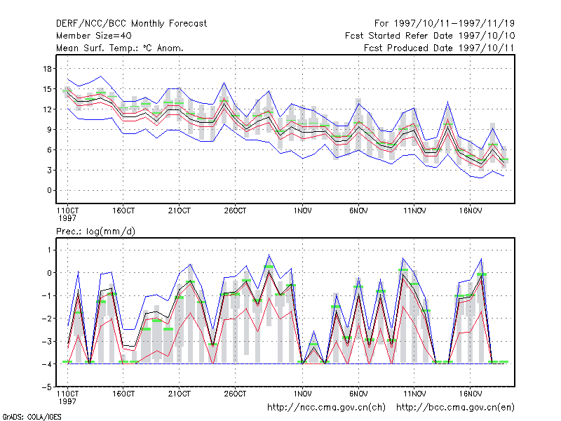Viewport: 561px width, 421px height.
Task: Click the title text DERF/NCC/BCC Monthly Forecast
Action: (x=131, y=24)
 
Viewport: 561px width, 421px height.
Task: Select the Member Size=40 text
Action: (x=94, y=36)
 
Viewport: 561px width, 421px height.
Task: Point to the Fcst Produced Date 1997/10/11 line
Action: (x=439, y=48)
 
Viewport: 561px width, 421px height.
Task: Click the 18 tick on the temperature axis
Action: (x=48, y=69)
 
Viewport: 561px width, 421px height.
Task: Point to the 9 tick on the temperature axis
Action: (x=49, y=130)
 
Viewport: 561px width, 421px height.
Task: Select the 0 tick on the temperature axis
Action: (x=49, y=190)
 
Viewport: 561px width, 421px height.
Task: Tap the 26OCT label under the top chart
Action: (x=235, y=211)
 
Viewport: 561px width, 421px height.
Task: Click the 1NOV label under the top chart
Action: (x=302, y=211)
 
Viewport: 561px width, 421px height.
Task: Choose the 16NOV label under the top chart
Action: (x=470, y=211)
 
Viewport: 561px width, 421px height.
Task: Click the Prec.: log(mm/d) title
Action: (x=95, y=232)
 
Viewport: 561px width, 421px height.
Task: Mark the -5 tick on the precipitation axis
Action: (x=47, y=387)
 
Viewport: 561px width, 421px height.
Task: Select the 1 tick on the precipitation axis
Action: (x=49, y=250)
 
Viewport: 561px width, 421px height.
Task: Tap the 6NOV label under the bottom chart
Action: (x=358, y=394)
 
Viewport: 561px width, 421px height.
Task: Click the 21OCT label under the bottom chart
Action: (x=180, y=394)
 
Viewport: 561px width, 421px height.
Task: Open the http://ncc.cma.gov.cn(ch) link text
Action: (x=326, y=408)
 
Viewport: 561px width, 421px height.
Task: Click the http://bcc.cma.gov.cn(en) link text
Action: (x=455, y=408)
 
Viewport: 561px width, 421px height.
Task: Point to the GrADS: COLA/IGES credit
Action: (x=32, y=417)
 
